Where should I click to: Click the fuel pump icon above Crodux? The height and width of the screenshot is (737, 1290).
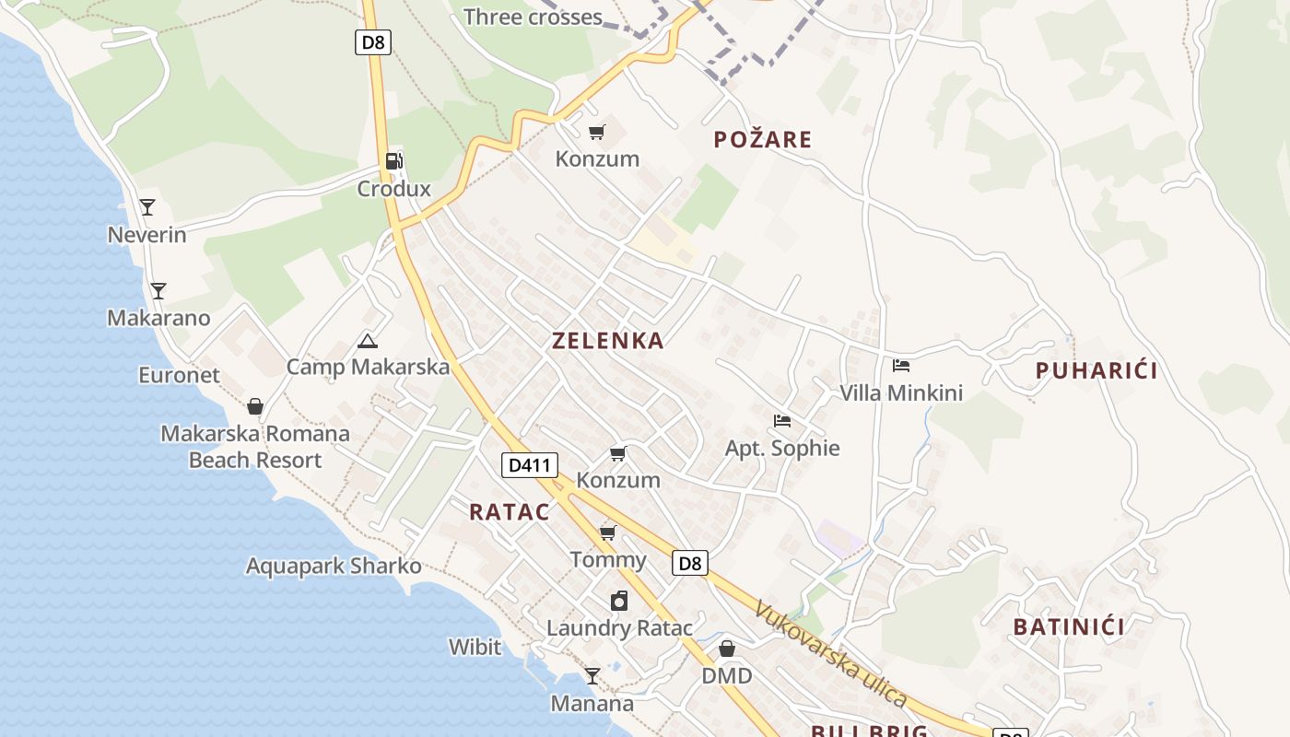tap(393, 161)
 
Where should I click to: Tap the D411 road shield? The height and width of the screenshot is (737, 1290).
tap(530, 465)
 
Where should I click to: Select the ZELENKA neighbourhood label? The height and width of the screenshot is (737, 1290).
tap(607, 341)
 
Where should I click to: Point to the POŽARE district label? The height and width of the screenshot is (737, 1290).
tap(763, 140)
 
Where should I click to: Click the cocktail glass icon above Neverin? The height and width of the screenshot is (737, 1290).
tap(147, 207)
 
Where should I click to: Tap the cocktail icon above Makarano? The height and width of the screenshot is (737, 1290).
tap(158, 291)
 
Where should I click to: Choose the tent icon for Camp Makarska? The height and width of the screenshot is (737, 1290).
tap(367, 341)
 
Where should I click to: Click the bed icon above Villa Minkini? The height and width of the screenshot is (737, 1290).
tap(901, 366)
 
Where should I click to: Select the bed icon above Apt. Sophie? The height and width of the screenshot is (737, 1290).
tap(782, 421)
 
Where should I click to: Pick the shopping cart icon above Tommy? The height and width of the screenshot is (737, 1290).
tap(608, 532)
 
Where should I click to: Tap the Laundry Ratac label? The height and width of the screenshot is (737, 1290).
tap(619, 628)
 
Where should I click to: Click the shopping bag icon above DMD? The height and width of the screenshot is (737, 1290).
tap(727, 649)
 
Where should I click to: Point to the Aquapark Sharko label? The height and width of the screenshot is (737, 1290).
tap(334, 566)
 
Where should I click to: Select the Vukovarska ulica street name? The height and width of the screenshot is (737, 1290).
tap(830, 653)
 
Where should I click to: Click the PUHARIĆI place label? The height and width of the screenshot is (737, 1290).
tap(1096, 371)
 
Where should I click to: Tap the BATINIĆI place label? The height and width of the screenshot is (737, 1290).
tap(1069, 627)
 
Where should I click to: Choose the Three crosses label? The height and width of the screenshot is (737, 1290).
tap(534, 17)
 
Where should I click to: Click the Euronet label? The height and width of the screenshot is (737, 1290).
tap(180, 375)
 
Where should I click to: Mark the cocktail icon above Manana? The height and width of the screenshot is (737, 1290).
tap(592, 676)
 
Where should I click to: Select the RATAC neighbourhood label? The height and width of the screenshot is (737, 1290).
tap(510, 512)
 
